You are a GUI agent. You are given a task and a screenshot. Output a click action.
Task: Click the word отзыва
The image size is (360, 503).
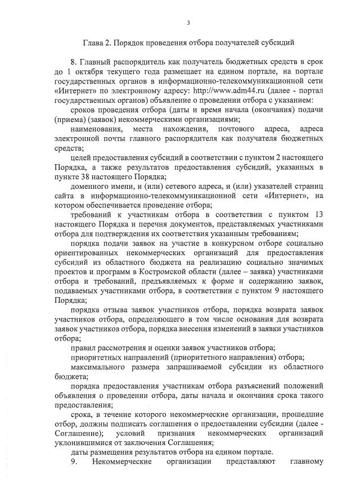[x=119, y=311]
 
